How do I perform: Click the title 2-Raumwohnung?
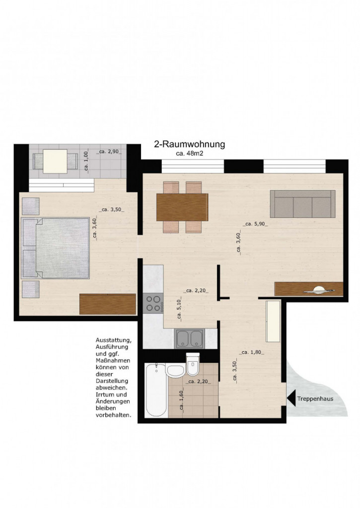point(189,144)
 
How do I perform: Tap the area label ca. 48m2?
point(189,154)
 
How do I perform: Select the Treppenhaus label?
point(315,399)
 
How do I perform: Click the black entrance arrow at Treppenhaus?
point(291,399)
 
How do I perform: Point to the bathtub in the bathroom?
point(156,390)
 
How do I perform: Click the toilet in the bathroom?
point(193,365)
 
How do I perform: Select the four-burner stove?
point(153,304)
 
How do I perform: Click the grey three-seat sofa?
point(302,204)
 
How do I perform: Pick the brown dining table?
point(182,207)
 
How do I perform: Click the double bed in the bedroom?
point(56,248)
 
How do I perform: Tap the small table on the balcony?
point(55,161)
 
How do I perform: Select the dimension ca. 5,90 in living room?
point(256,224)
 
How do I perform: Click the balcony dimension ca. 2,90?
point(109,151)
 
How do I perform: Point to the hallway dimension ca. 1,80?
point(252,353)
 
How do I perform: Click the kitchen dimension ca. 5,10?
point(179,311)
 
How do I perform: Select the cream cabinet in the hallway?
point(273,321)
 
